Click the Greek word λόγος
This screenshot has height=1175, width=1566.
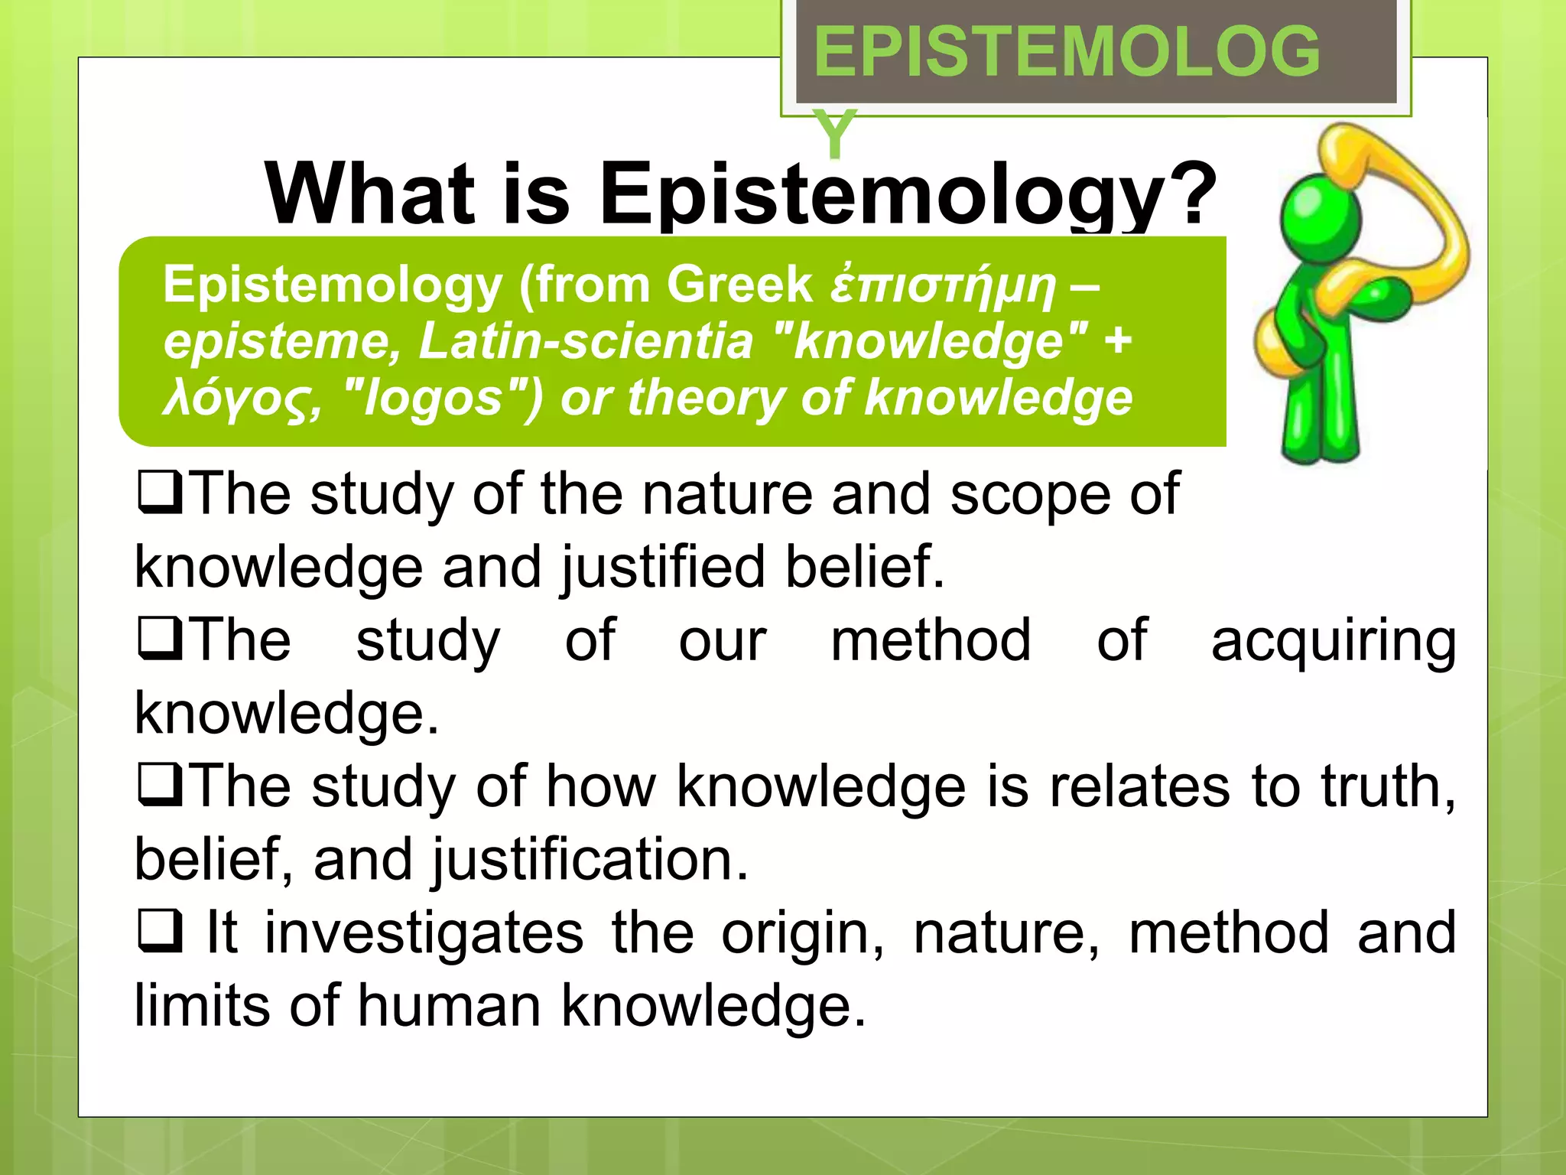(x=239, y=399)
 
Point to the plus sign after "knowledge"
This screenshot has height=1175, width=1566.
(x=1118, y=340)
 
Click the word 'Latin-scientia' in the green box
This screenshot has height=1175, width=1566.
(x=586, y=340)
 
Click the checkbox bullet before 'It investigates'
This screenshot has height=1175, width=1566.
(x=160, y=932)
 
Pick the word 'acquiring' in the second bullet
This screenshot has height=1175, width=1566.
(x=1334, y=641)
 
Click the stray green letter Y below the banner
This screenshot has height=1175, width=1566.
(x=835, y=134)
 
